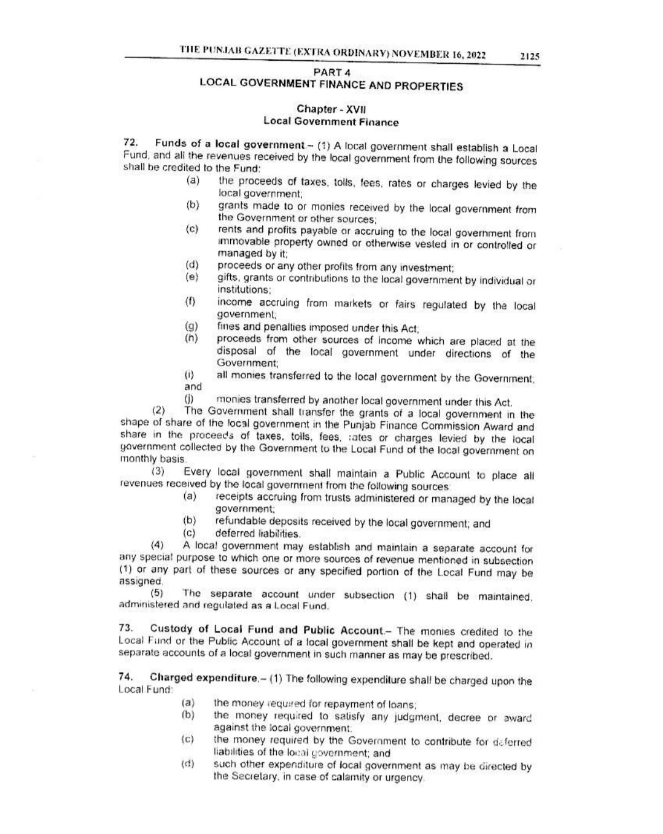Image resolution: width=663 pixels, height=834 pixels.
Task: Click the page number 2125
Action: click(529, 56)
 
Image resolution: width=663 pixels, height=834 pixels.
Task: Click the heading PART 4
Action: click(331, 73)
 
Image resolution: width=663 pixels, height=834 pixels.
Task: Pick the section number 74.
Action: click(126, 677)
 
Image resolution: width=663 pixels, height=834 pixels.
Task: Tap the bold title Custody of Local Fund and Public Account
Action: click(267, 629)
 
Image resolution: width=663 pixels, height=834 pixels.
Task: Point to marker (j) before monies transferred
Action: click(190, 401)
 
